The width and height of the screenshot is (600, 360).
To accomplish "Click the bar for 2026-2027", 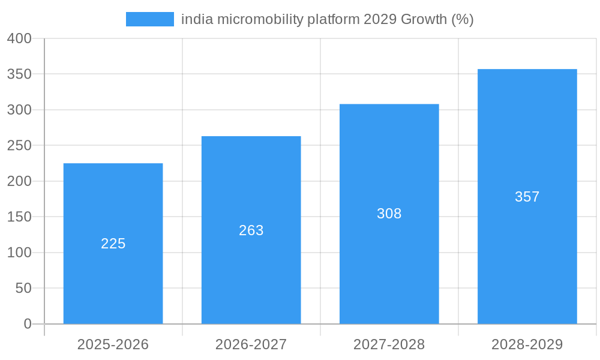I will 251,270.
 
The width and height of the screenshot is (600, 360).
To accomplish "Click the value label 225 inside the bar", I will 113,244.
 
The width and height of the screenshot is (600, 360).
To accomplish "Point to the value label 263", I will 251,230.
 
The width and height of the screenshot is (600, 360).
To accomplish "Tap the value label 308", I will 389,214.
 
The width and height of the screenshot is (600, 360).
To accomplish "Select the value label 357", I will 527,197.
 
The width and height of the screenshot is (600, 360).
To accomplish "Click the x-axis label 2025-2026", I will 113,344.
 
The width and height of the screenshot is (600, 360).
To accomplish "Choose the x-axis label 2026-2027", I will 251,344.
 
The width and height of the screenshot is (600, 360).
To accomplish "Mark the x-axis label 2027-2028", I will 389,344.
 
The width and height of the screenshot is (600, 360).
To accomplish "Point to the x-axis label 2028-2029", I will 527,344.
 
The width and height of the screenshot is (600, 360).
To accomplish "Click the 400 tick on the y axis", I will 19,38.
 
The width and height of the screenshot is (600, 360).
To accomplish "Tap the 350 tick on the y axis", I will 19,74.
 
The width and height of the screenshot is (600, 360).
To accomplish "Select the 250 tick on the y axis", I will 19,146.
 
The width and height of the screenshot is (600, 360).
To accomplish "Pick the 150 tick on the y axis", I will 19,217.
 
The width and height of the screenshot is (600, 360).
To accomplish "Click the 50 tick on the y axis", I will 23,289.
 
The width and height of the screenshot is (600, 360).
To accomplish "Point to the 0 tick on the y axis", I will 28,324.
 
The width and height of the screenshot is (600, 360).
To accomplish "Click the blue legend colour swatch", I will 149,19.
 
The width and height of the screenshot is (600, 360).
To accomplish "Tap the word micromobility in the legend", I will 259,19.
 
